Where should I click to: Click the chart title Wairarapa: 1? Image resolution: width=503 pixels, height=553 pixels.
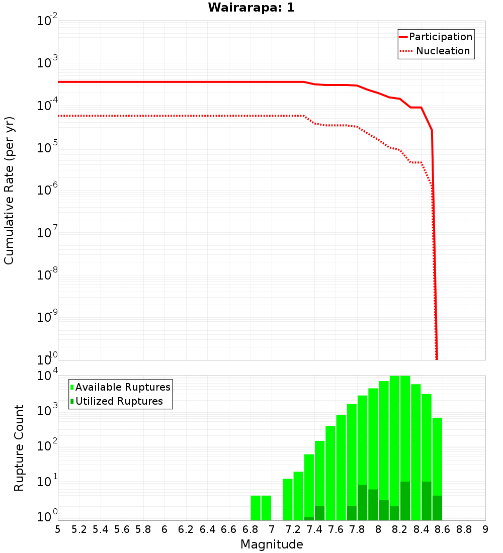251,8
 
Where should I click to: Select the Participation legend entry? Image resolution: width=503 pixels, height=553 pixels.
441,37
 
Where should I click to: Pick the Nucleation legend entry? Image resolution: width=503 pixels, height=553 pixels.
443,51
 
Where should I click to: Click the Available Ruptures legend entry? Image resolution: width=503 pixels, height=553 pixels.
123,387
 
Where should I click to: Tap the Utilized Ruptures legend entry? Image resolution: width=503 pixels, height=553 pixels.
119,401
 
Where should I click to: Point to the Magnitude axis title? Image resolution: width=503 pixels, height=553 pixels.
272,544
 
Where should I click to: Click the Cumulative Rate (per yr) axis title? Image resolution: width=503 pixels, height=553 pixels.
9,190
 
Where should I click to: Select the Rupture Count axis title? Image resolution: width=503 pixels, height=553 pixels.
19,448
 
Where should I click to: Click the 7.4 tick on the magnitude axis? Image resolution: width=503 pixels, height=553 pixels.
314,529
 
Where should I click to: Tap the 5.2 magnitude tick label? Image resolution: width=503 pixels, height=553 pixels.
79,529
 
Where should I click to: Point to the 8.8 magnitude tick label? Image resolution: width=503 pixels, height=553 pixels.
464,529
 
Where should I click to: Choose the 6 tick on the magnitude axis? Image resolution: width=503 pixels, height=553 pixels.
164,529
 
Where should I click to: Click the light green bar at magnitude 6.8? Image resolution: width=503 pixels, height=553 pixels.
256,508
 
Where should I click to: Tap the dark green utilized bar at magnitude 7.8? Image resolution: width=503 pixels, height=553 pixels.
362,503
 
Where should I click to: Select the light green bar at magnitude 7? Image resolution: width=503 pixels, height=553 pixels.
266,508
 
